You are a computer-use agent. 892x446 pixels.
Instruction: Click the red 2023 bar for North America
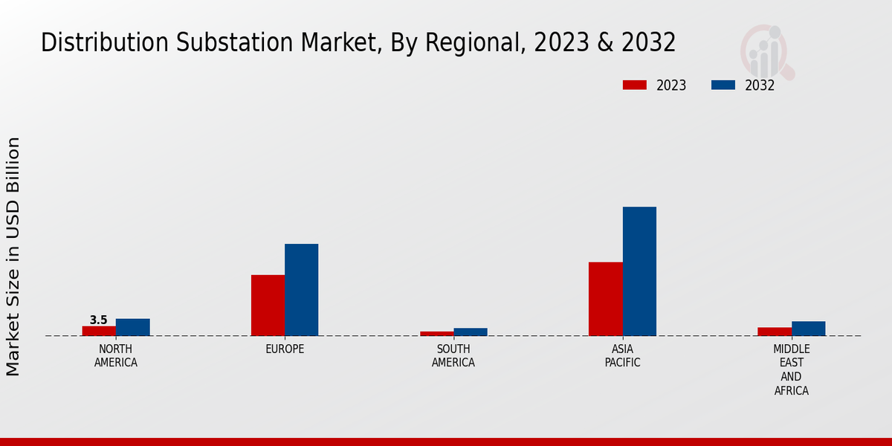pyautogui.click(x=99, y=331)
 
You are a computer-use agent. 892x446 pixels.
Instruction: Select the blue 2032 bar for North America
pyautogui.click(x=133, y=327)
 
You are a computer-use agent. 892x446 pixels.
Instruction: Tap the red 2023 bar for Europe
pyautogui.click(x=268, y=306)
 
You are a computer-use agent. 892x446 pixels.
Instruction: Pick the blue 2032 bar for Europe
pyautogui.click(x=302, y=290)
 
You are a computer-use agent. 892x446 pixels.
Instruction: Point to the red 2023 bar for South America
pyautogui.click(x=436, y=334)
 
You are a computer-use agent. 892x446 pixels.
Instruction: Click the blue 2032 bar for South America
pyautogui.click(x=471, y=332)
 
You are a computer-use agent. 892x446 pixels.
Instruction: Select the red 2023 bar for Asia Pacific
pyautogui.click(x=605, y=299)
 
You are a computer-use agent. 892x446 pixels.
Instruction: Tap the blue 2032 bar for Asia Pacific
pyautogui.click(x=639, y=271)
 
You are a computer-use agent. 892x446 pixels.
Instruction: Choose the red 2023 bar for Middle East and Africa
pyautogui.click(x=775, y=332)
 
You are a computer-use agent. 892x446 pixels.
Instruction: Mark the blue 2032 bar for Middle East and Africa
pyautogui.click(x=808, y=329)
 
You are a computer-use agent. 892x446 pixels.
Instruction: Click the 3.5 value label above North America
pyautogui.click(x=99, y=320)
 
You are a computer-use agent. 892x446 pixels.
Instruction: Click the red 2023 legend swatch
pyautogui.click(x=635, y=85)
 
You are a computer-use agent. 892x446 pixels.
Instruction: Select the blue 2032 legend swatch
pyautogui.click(x=723, y=85)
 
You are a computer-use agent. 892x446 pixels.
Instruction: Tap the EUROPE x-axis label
pyautogui.click(x=285, y=349)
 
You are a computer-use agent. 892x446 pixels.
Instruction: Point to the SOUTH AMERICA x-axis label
pyautogui.click(x=453, y=356)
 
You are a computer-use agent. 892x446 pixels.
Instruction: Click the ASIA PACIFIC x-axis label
pyautogui.click(x=622, y=356)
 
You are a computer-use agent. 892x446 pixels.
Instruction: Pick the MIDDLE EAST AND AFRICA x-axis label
pyautogui.click(x=792, y=369)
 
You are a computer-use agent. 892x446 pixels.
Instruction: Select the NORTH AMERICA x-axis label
pyautogui.click(x=116, y=356)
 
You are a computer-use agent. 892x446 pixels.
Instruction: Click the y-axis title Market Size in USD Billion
pyautogui.click(x=13, y=256)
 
